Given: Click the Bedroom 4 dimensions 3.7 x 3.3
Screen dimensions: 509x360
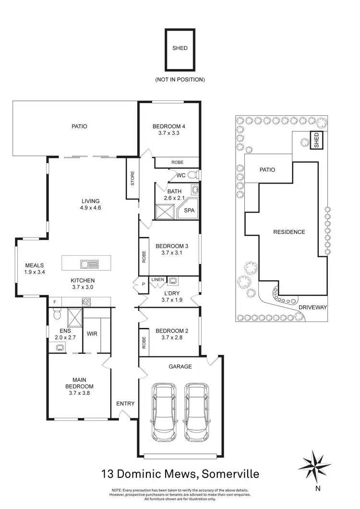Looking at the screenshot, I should [168, 134].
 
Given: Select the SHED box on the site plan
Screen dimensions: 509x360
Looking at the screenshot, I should [316, 140].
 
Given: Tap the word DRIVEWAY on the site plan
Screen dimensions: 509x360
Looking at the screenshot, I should [312, 307].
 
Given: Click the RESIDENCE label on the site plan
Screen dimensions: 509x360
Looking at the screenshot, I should [289, 232].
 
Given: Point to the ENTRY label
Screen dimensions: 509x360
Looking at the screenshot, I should [126, 403].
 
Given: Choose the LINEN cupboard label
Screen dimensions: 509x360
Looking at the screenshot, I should [157, 279].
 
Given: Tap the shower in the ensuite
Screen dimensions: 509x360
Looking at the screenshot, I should [74, 317].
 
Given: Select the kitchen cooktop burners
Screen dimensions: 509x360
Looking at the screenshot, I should [87, 302].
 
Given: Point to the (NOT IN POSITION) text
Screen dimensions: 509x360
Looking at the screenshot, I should [180, 79].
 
